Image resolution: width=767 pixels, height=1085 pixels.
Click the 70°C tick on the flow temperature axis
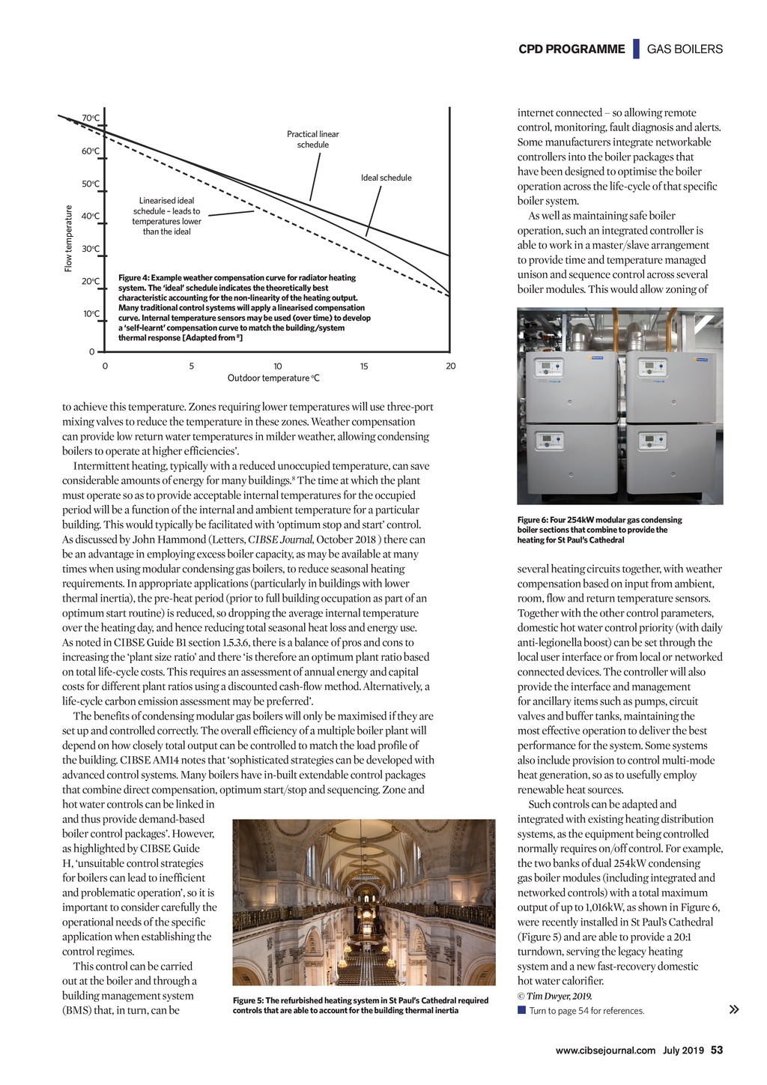(x=91, y=118)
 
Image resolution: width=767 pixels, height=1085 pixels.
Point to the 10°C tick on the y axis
(x=91, y=314)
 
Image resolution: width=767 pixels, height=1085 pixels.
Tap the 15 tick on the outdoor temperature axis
(x=364, y=366)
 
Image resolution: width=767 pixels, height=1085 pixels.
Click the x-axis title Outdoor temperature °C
(x=273, y=378)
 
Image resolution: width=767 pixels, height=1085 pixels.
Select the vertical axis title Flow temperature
(x=68, y=238)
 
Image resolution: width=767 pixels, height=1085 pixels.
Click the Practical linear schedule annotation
(x=312, y=139)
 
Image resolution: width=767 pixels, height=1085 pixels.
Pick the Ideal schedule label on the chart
(x=386, y=178)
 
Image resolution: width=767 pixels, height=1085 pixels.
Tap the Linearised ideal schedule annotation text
(x=166, y=216)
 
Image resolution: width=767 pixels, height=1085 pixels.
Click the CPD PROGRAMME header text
(x=571, y=49)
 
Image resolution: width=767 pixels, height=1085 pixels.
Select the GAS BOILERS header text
(x=685, y=49)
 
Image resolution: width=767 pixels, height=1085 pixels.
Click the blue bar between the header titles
(x=636, y=49)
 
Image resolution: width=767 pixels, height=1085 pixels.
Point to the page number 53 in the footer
(x=717, y=1050)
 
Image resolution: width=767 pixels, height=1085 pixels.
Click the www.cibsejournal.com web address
(x=605, y=1051)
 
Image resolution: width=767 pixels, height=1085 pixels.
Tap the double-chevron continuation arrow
(x=734, y=1009)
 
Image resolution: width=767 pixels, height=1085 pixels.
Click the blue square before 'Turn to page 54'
(x=521, y=1010)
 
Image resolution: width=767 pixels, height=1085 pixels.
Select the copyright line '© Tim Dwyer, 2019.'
(x=554, y=996)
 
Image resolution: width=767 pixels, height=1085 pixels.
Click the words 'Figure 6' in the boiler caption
(x=533, y=520)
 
